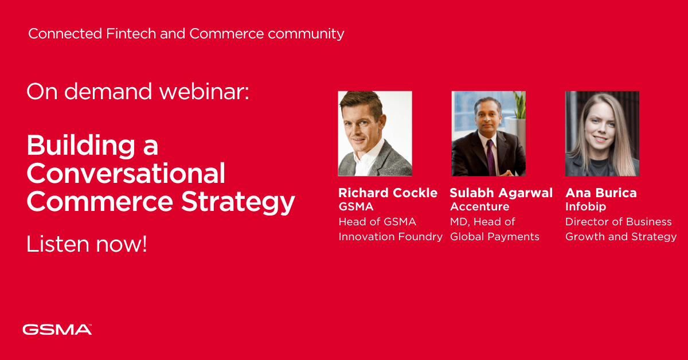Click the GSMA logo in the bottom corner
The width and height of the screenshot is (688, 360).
pyautogui.click(x=57, y=329)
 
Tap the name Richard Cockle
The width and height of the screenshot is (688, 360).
pyautogui.click(x=388, y=193)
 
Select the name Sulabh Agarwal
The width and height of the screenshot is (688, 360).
pyautogui.click(x=501, y=193)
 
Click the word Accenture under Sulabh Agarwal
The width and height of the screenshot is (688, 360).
pyautogui.click(x=479, y=207)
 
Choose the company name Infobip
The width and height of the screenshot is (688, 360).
pyautogui.click(x=585, y=207)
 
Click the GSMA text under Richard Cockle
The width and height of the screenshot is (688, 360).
pyautogui.click(x=355, y=207)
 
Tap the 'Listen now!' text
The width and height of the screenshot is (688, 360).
pyautogui.click(x=87, y=244)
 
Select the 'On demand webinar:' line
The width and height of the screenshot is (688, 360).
pyautogui.click(x=138, y=92)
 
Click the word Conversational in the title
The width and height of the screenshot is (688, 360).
pyautogui.click(x=126, y=173)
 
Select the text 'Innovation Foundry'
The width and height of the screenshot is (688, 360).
pyautogui.click(x=390, y=237)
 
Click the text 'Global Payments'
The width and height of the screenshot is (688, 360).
pyautogui.click(x=495, y=237)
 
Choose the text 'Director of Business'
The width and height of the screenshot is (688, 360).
pyautogui.click(x=618, y=222)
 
